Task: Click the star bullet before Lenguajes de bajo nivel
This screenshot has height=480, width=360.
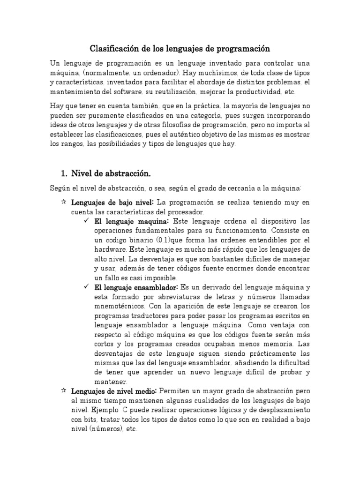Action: tap(63, 202)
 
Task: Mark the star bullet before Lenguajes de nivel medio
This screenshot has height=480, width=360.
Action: tap(63, 390)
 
